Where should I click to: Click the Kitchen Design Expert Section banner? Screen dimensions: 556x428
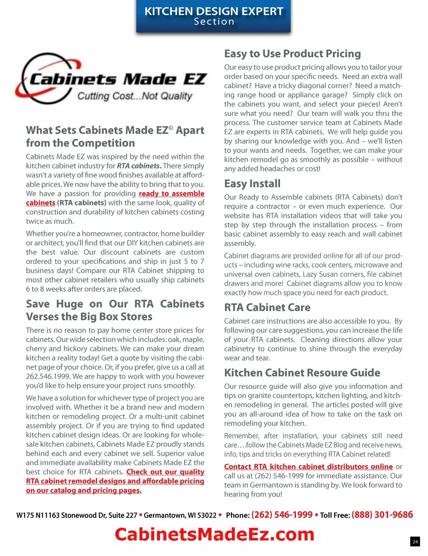[x=214, y=16]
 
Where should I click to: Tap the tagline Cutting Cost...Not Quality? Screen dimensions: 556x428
[x=135, y=96]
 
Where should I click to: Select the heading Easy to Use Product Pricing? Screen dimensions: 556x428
[x=292, y=54]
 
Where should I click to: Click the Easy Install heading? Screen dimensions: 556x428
[x=252, y=184]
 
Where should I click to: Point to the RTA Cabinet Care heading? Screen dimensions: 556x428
[x=267, y=308]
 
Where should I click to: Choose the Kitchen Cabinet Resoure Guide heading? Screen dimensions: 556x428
[x=302, y=373]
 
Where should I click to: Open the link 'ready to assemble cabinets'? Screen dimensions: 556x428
[x=171, y=194]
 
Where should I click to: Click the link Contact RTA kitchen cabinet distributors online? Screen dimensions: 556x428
[x=308, y=467]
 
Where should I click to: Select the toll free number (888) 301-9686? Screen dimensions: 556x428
[x=382, y=515]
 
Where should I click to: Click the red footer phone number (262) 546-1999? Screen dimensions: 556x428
[x=282, y=515]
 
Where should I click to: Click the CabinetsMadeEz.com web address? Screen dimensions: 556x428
[x=214, y=535]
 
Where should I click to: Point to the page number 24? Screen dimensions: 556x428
[x=415, y=542]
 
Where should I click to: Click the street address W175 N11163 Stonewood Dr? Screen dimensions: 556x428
[x=76, y=515]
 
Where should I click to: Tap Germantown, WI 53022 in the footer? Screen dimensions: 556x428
[x=180, y=515]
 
